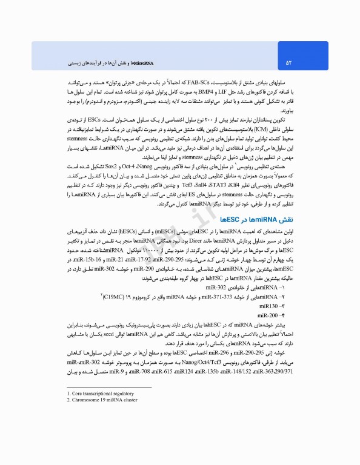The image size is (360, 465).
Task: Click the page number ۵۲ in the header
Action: [289, 62]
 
